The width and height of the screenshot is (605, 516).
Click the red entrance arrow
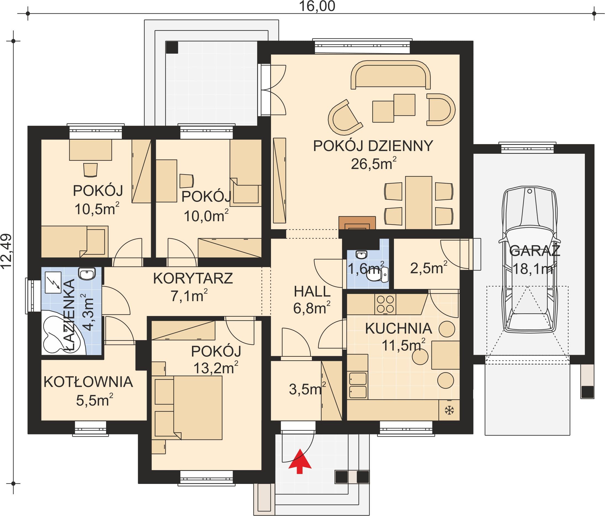(x=300, y=461)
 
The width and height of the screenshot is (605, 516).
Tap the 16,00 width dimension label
(x=317, y=6)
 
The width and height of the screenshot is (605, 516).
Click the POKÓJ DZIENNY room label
(x=373, y=146)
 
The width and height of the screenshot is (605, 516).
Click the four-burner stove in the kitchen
(x=385, y=304)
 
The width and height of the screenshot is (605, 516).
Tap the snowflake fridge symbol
(x=449, y=410)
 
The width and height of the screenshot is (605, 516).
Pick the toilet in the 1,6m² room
(x=377, y=275)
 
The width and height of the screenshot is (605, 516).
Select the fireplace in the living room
(x=357, y=223)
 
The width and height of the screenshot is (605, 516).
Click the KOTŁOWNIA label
(x=88, y=382)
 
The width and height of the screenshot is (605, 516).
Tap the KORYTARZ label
(x=193, y=278)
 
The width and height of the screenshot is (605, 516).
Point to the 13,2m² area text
(x=216, y=368)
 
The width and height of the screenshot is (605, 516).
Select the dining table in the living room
(x=419, y=202)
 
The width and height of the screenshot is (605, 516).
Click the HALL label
(x=312, y=291)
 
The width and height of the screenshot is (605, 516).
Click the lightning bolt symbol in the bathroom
(x=53, y=282)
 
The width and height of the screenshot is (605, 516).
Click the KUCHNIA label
(x=399, y=329)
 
